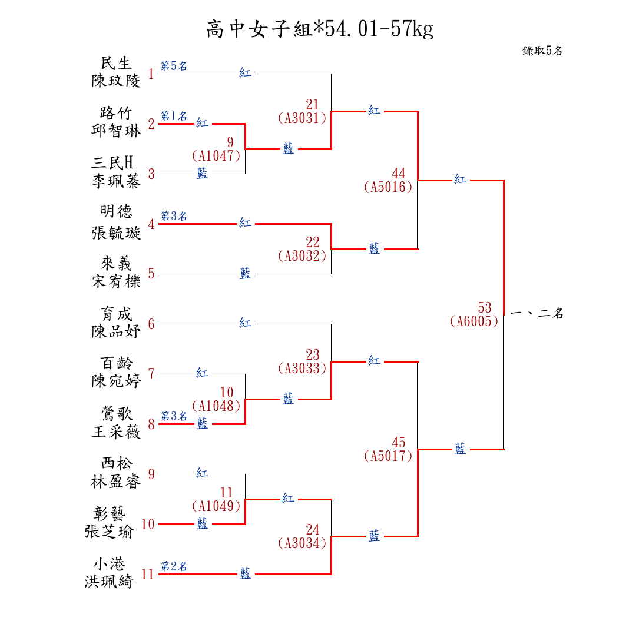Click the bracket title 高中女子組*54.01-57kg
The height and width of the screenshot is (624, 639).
tap(320, 29)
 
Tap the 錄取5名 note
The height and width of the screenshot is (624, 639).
tap(542, 51)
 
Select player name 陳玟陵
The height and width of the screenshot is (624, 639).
tap(116, 81)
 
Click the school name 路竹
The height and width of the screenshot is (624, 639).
tap(116, 113)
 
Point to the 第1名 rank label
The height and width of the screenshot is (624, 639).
tap(174, 115)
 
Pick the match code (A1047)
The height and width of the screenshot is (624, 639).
tap(216, 155)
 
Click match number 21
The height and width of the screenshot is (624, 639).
tap(312, 105)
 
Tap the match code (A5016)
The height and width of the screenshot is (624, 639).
tap(388, 187)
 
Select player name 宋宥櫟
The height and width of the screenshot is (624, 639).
tap(116, 281)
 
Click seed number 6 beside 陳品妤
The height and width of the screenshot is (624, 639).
tap(151, 324)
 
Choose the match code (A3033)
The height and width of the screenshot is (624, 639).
tap(302, 369)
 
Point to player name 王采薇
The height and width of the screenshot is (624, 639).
tap(116, 432)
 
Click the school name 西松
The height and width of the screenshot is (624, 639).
tap(116, 464)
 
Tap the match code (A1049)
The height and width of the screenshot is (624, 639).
tap(216, 506)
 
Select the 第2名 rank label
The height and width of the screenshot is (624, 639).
tap(174, 566)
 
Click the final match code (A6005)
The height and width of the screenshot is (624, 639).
tap(474, 321)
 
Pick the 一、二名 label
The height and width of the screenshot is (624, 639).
tap(537, 314)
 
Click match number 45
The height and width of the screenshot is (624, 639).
tap(399, 443)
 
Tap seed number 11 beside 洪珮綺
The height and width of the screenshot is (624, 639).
tap(148, 575)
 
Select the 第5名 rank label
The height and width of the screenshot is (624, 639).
tap(174, 66)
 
